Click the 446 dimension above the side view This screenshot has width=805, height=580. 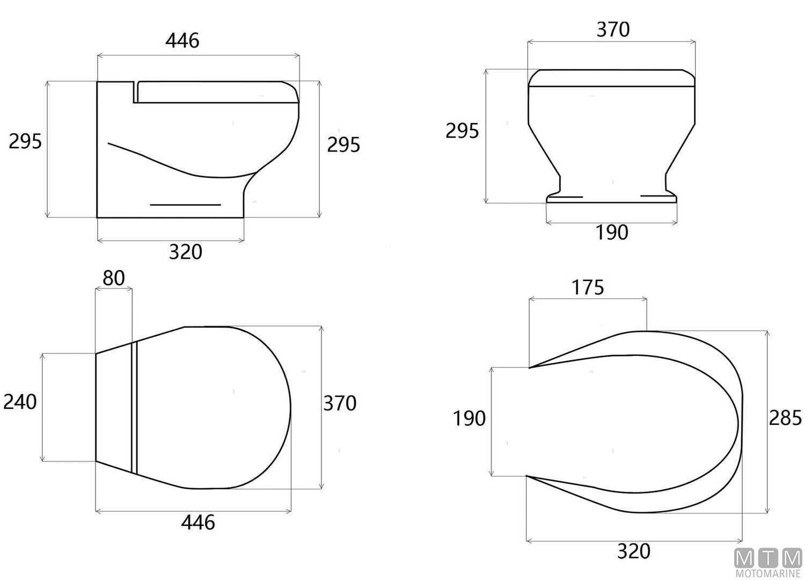point(182,41)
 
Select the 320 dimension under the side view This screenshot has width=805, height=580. point(186,252)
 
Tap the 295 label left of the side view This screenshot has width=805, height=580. point(25,141)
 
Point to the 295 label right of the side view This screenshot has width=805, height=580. point(343,145)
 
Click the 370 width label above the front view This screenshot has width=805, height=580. point(613,30)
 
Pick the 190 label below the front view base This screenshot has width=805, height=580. point(612,233)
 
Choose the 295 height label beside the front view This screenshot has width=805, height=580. point(462,130)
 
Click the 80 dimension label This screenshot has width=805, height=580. point(114,278)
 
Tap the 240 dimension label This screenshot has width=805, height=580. point(20,402)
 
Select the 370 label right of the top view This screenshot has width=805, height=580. point(340,403)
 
